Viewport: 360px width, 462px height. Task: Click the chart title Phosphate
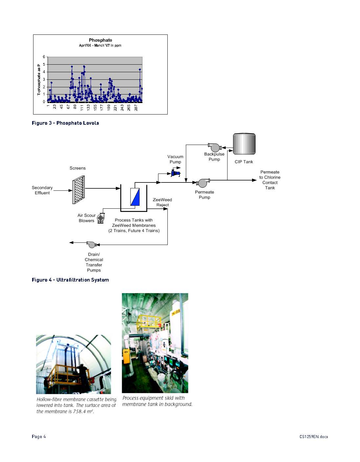[x=100, y=40]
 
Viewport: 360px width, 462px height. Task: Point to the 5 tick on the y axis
[x=44, y=64]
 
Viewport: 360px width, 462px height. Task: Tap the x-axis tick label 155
[x=95, y=107]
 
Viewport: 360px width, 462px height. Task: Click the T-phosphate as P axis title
[x=39, y=79]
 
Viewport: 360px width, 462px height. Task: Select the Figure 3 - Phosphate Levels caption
[x=65, y=123]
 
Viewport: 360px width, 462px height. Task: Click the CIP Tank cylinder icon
[x=244, y=144]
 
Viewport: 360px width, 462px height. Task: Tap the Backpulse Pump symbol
[x=215, y=147]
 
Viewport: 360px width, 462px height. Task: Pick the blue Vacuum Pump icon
[x=175, y=173]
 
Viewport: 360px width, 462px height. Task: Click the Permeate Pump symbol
[x=203, y=183]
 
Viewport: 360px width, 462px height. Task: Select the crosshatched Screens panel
[x=79, y=190]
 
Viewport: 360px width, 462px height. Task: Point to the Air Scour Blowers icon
[x=101, y=218]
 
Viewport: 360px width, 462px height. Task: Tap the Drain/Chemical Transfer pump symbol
[x=92, y=244]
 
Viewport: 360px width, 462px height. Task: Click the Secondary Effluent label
[x=42, y=190]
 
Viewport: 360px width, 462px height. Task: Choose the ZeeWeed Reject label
[x=162, y=202]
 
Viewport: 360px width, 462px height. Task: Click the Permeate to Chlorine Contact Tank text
[x=270, y=180]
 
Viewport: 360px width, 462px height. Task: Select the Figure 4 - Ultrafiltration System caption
[x=70, y=280]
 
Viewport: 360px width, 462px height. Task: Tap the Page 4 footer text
[x=39, y=436]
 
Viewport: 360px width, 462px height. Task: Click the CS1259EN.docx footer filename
[x=313, y=437]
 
